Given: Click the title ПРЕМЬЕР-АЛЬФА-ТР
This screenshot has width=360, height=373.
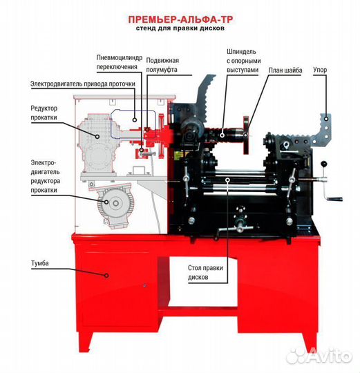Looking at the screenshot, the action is click(x=180, y=19).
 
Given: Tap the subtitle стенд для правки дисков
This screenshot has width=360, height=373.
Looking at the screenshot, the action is click(x=180, y=28).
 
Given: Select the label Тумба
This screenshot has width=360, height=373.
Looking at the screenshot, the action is click(x=40, y=263).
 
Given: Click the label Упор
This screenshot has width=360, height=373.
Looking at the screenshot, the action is click(x=320, y=70).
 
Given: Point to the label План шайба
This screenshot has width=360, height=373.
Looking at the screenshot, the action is click(x=285, y=70).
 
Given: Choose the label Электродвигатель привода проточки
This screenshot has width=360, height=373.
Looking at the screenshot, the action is click(x=83, y=84).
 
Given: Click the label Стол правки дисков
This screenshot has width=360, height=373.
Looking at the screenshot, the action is click(x=205, y=273).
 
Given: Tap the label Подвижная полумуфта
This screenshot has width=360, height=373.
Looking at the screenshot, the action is click(x=162, y=65).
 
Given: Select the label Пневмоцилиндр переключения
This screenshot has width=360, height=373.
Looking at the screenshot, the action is click(x=120, y=62).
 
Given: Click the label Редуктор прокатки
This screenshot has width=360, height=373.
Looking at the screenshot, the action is click(x=44, y=113).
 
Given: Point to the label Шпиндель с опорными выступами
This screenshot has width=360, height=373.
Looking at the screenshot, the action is click(x=244, y=61).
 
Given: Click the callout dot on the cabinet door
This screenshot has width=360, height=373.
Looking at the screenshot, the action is click(x=106, y=276).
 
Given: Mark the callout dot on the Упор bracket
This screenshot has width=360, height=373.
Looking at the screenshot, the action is click(x=326, y=119).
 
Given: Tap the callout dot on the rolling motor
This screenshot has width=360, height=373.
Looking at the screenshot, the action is click(x=106, y=202).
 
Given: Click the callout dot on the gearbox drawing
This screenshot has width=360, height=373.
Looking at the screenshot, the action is click(x=97, y=137).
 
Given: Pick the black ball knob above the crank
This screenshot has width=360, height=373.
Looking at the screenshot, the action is click(x=323, y=164).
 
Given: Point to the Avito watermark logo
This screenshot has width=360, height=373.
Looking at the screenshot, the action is click(x=319, y=356).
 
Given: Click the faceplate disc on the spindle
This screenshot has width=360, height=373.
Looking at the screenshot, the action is click(x=246, y=135).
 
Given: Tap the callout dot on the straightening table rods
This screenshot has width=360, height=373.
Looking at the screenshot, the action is click(x=228, y=180).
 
